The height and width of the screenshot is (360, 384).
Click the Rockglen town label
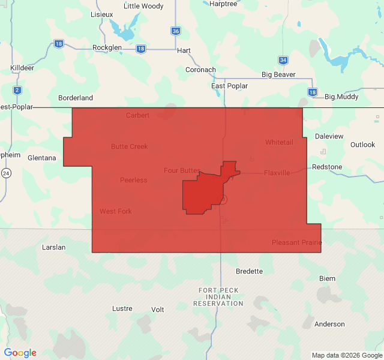[x=107, y=48]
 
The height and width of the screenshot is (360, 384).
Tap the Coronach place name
[x=200, y=70]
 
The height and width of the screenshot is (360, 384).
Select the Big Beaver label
[x=278, y=74]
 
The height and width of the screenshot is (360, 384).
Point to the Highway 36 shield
[x=175, y=31]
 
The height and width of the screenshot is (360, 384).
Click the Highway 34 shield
[x=283, y=60]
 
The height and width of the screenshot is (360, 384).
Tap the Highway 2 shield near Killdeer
[x=17, y=91]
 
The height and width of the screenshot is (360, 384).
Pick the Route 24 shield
[x=6, y=173]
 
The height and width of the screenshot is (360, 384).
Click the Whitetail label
[x=279, y=142]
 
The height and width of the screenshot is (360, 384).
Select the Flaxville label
[x=277, y=173]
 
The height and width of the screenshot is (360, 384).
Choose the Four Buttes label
[x=182, y=170]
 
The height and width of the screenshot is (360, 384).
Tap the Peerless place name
[x=133, y=180]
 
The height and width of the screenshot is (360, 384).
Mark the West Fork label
[x=116, y=211]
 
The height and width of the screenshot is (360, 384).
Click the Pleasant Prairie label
[x=296, y=242]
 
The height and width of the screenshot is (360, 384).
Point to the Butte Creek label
[x=129, y=146]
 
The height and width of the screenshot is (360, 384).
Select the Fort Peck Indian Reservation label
[x=218, y=297]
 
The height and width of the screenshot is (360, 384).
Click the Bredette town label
[x=249, y=271]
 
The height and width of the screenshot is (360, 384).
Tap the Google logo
[x=20, y=353]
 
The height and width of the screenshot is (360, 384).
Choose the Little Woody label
[x=143, y=6]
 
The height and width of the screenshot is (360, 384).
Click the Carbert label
[x=137, y=115]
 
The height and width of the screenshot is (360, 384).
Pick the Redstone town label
[x=327, y=167]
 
